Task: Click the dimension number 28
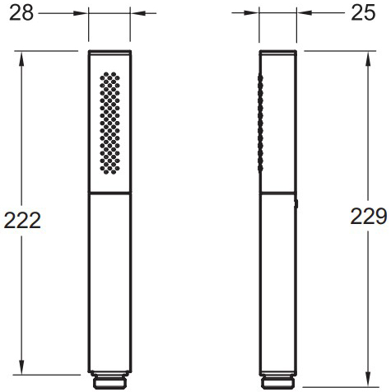(x=21, y=13)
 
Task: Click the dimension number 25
(x=363, y=13)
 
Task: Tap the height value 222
(x=22, y=221)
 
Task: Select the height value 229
(x=369, y=217)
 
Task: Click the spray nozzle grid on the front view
(x=109, y=123)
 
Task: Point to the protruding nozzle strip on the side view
(x=261, y=123)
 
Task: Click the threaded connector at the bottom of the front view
(x=109, y=380)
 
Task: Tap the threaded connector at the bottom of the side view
(x=278, y=380)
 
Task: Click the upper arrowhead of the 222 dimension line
(x=21, y=58)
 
